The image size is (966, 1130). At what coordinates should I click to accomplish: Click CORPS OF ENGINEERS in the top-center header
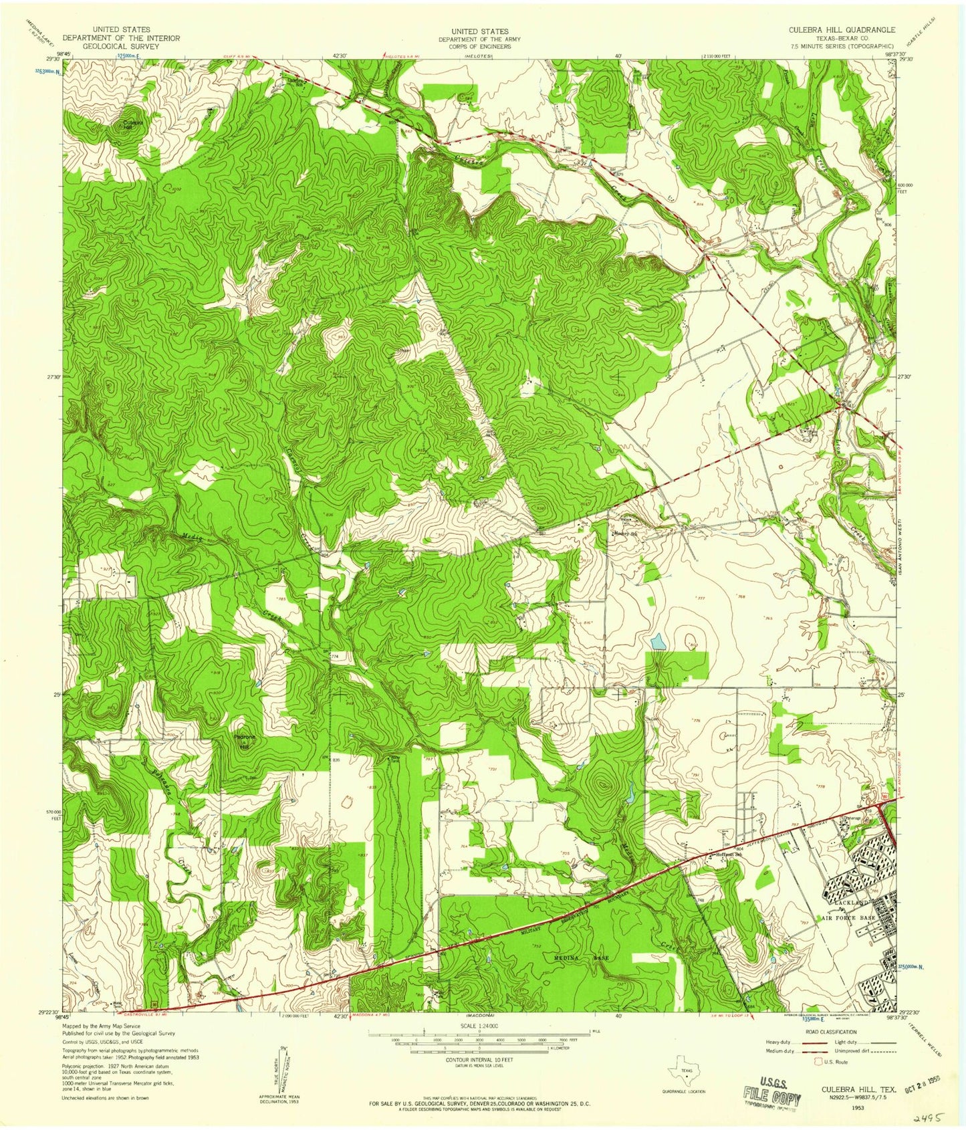[x=479, y=47]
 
